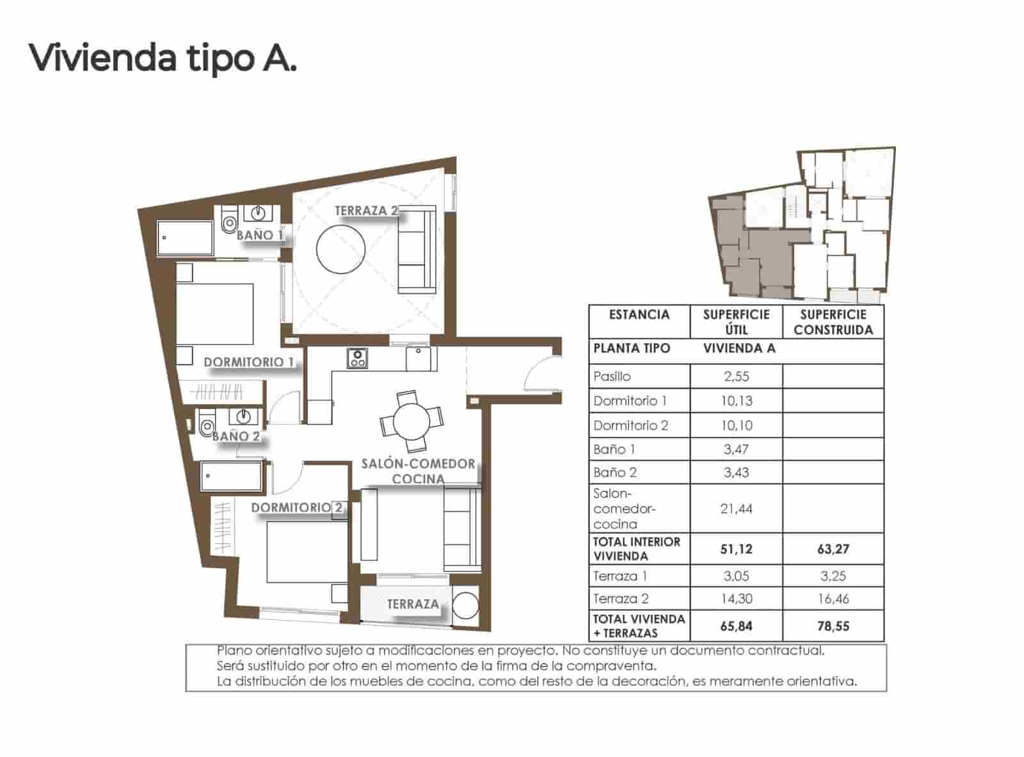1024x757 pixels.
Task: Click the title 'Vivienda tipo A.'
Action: (163, 58)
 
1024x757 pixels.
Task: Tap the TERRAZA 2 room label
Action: (366, 211)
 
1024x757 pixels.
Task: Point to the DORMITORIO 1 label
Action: (248, 362)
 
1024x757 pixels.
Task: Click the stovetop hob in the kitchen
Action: (357, 358)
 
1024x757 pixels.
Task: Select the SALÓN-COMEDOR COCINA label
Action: (418, 471)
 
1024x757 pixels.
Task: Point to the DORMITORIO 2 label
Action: (296, 508)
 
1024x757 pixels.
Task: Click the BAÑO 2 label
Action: (236, 436)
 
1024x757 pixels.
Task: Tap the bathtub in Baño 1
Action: (185, 238)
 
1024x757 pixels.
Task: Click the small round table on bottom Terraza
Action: (465, 605)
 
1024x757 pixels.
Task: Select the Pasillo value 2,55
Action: (736, 377)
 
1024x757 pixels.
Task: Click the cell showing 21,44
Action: (736, 509)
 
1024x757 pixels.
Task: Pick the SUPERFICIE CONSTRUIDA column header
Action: (833, 322)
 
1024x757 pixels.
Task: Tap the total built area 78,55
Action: (833, 626)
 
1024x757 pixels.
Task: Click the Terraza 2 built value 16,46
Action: (833, 599)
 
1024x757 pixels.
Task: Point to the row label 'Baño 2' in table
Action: (614, 473)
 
